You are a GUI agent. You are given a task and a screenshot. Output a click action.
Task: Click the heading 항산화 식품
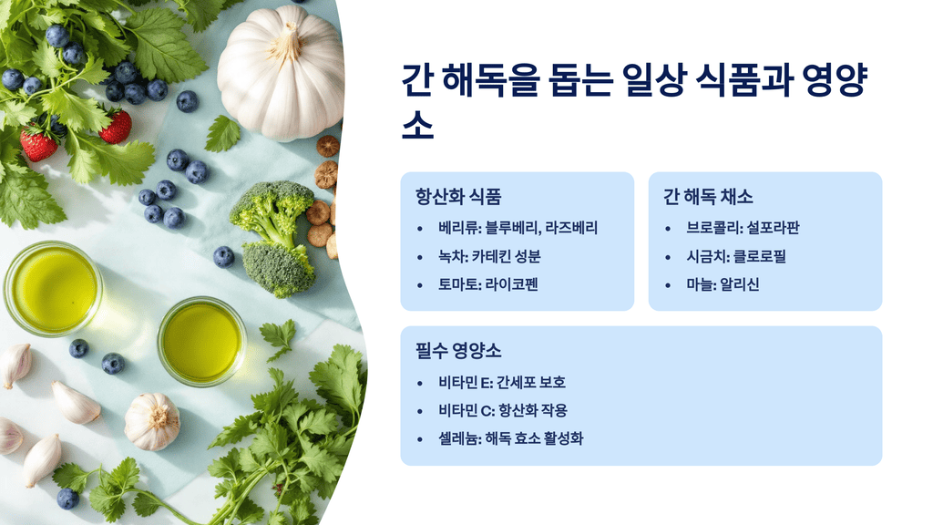point(458,197)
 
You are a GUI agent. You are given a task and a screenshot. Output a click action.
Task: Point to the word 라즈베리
point(571,228)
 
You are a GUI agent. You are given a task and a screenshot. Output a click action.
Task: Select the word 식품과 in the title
point(738,81)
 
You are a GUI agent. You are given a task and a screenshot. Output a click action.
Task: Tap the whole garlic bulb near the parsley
point(152,420)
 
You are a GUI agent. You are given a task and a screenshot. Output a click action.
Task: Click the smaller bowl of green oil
point(201,340)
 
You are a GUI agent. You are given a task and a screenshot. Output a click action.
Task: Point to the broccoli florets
point(273,237)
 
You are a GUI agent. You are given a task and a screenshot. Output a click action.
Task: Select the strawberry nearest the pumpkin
point(116,127)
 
